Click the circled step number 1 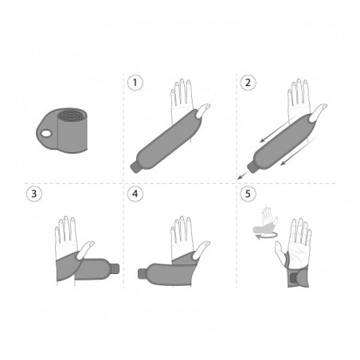point(135,83)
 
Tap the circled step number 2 point(248,83)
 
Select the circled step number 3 point(34,194)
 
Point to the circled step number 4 point(135,194)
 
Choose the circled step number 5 point(248,194)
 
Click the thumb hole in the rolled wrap point(46,133)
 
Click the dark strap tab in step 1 point(135,168)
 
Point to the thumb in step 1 point(203,110)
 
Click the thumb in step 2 point(319,110)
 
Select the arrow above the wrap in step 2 point(277,129)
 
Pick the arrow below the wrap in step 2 point(299,151)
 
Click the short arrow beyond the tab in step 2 point(242,175)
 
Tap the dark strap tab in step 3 point(115,269)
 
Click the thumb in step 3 point(85,250)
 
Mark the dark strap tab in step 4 point(142,274)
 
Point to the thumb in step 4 point(201,250)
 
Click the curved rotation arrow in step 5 point(267,235)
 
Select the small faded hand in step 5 point(266,220)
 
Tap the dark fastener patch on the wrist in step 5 point(293,279)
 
